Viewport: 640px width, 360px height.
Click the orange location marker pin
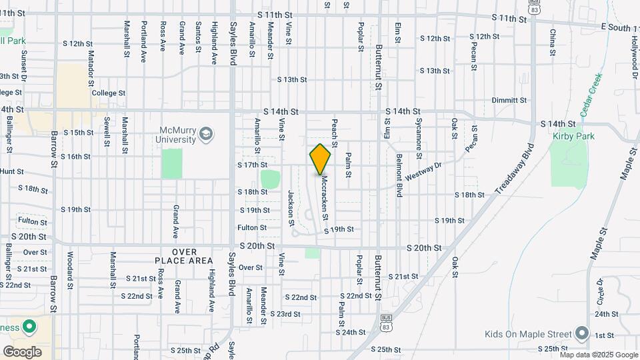point(321,159)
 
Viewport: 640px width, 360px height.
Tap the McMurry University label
point(178,135)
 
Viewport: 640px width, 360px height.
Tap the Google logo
point(22,351)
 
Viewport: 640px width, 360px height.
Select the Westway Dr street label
point(423,173)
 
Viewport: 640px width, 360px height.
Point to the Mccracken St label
point(324,197)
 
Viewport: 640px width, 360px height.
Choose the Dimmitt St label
point(509,100)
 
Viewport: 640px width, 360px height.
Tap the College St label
point(109,93)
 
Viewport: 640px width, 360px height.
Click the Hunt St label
point(12,171)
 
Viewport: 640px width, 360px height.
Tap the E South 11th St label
point(619,27)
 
